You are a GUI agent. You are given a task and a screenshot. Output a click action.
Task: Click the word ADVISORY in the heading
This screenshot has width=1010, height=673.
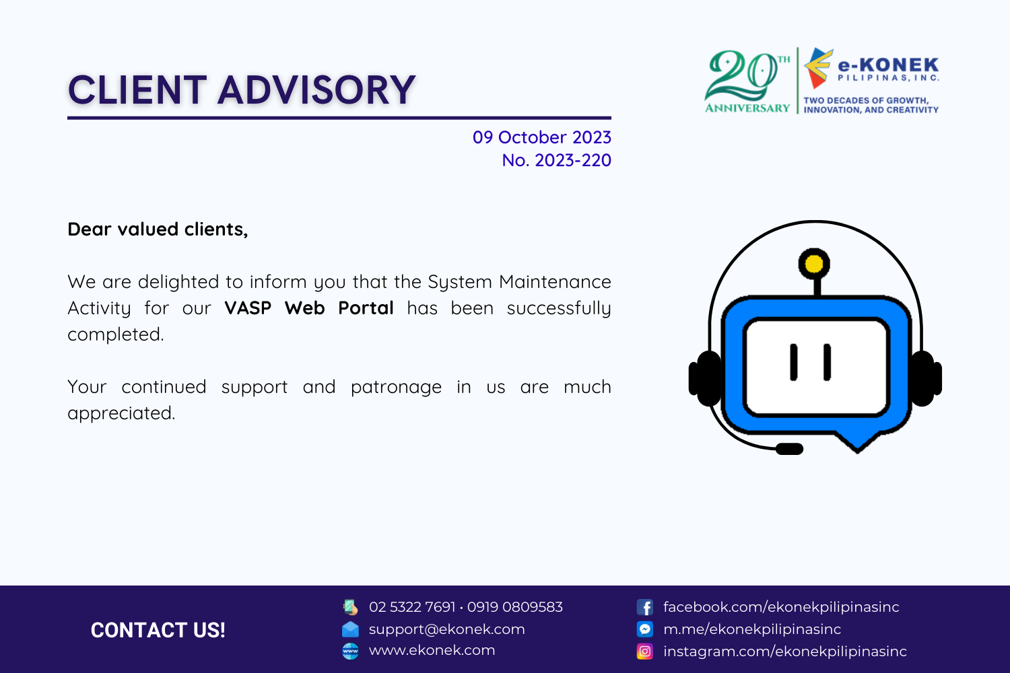coord(316,90)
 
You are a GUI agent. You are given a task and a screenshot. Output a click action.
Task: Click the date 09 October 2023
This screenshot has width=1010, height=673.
coord(541,137)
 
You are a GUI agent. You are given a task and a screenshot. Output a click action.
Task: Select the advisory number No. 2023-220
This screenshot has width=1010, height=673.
coord(556,160)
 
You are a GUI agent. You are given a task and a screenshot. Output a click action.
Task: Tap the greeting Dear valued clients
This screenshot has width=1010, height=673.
coord(158,229)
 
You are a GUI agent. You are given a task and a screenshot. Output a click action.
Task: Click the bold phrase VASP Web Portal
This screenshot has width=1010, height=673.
coord(309,308)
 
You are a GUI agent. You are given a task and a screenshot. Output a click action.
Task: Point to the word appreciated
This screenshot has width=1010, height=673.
coord(121,413)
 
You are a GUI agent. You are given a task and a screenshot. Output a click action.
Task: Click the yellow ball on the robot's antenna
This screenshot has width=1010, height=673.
coord(814,264)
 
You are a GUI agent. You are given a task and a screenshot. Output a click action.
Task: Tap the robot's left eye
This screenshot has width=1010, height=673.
coord(794,362)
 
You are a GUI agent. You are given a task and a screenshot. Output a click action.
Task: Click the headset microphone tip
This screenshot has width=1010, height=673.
coord(789,449)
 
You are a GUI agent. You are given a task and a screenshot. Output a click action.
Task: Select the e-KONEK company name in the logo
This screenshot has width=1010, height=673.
coord(888,65)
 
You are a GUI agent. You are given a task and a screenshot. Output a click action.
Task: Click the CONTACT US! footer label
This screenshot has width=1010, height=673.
coord(158,630)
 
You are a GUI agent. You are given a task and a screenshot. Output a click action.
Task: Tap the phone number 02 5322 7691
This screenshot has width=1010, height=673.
coord(411,607)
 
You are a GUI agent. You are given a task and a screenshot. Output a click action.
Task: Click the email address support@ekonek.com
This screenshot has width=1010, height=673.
coord(447,629)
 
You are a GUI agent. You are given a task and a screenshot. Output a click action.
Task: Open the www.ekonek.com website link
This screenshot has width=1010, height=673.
coord(432,650)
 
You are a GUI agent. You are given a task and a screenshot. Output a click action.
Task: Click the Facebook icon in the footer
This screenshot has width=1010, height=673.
coord(645,607)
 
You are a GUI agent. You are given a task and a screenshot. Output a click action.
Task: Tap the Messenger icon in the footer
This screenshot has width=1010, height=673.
coord(645,629)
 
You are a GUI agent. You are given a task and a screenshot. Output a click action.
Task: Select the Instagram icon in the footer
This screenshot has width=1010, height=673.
coord(645,651)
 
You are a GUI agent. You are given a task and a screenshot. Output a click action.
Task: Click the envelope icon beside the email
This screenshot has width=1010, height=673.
coord(350,629)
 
